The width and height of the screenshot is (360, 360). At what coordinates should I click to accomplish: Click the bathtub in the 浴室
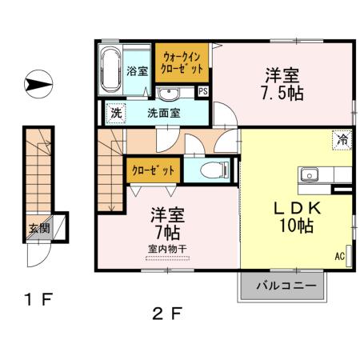click(x=110, y=70)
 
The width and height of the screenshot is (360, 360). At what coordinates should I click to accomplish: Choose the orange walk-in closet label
click(x=182, y=62)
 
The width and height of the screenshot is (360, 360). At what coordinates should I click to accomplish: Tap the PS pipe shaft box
click(x=203, y=91)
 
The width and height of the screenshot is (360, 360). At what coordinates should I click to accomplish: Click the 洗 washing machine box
click(x=117, y=113)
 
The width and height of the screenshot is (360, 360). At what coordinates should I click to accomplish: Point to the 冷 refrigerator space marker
click(x=342, y=139)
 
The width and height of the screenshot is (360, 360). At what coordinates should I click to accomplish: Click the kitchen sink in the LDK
click(x=309, y=174)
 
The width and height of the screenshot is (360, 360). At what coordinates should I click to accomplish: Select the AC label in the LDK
click(x=340, y=256)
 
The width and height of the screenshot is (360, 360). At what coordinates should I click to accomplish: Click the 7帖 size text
click(x=167, y=232)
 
